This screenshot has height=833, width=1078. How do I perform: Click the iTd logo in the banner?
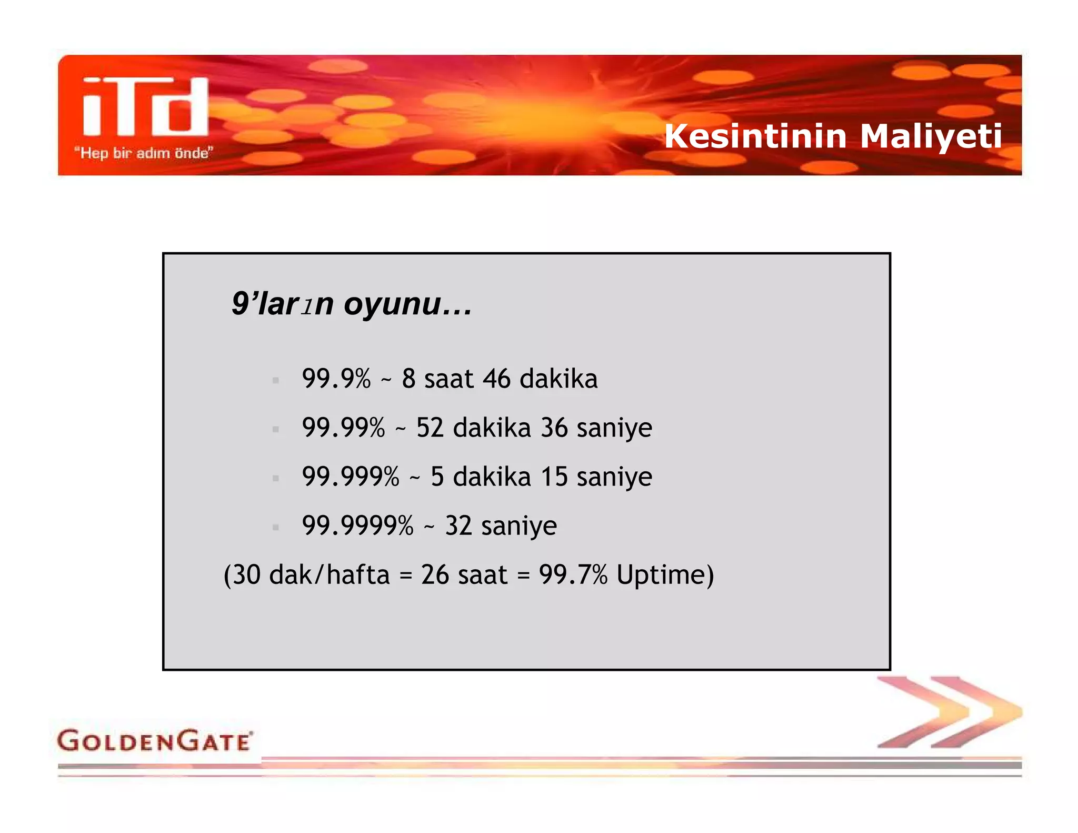click(x=145, y=107)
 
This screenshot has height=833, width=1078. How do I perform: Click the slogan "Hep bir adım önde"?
click(x=143, y=153)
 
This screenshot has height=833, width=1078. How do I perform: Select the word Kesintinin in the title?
click(x=755, y=136)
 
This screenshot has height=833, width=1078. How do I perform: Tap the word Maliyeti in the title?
click(x=931, y=136)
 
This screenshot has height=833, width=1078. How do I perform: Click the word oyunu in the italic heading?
click(x=392, y=304)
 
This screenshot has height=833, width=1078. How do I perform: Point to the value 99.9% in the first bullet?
click(x=336, y=379)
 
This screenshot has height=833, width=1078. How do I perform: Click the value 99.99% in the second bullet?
click(x=343, y=428)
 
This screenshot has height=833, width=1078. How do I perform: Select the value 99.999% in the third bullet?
click(x=351, y=477)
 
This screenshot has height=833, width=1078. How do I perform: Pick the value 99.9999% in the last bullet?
click(x=358, y=525)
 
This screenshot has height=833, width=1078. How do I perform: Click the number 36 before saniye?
click(x=554, y=428)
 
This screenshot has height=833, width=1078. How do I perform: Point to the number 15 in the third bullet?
click(x=554, y=477)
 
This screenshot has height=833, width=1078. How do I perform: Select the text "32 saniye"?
click(x=501, y=525)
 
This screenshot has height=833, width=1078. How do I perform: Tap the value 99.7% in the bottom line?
click(x=573, y=574)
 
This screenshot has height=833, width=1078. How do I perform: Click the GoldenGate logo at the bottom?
click(x=155, y=741)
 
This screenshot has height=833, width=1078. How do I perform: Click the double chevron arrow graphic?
click(x=949, y=712)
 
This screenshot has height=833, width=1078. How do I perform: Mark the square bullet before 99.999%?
click(x=275, y=478)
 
